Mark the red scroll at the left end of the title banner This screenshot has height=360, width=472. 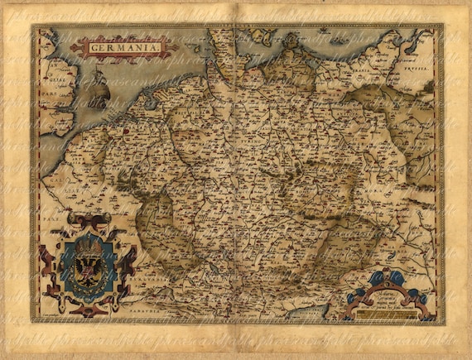[76, 48]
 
